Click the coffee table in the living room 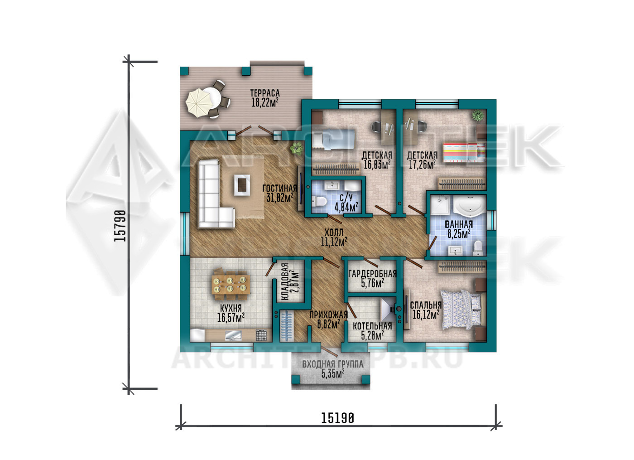tap(242, 185)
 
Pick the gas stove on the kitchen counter tap(261, 335)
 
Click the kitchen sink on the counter tap(233, 336)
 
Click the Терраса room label tap(264, 93)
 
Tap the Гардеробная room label tap(372, 274)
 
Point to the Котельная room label tap(372, 326)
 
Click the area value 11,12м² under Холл tap(334, 242)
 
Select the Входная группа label tap(332, 363)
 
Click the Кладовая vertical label tap(285, 281)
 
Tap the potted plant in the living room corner tap(296, 148)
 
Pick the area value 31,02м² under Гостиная tap(280, 198)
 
